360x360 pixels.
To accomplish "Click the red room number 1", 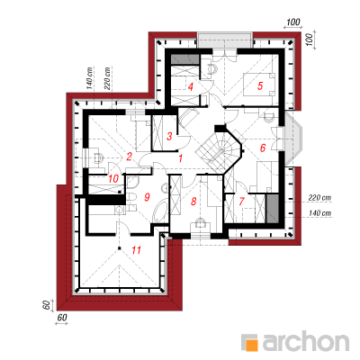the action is pyautogui.click(x=180, y=158).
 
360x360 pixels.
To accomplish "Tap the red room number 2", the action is pyautogui.click(x=129, y=157).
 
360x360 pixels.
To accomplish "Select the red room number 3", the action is pyautogui.click(x=169, y=137).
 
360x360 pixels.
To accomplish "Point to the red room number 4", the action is pyautogui.click(x=190, y=87).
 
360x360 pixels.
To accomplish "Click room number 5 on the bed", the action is pyautogui.click(x=260, y=85).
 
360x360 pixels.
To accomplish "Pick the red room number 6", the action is pyautogui.click(x=263, y=148).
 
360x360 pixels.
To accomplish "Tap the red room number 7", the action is pyautogui.click(x=242, y=202).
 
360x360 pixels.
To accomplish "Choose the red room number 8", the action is pyautogui.click(x=193, y=202).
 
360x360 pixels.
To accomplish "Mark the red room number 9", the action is pyautogui.click(x=147, y=197).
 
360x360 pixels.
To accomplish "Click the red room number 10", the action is pyautogui.click(x=113, y=179).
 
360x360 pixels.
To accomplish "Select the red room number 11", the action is pyautogui.click(x=137, y=249).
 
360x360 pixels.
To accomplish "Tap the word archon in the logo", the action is pyautogui.click(x=306, y=341).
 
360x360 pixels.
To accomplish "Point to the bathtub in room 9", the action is pyautogui.click(x=161, y=212).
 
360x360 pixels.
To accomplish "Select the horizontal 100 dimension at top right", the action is pyautogui.click(x=293, y=22).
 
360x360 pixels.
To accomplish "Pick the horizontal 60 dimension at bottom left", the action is pyautogui.click(x=62, y=318).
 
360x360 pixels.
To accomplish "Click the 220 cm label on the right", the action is pyautogui.click(x=319, y=198).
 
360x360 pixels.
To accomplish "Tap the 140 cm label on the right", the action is pyautogui.click(x=319, y=212).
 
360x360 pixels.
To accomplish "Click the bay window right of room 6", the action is pyautogui.click(x=293, y=139).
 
